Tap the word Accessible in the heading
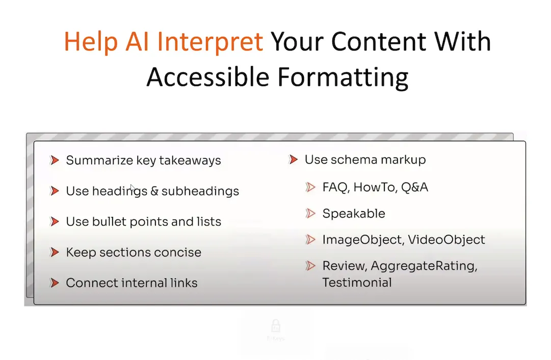[x=208, y=77]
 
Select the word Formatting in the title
[x=343, y=78]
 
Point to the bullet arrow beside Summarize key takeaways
[x=55, y=160]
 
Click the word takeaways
[x=190, y=161]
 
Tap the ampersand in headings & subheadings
[x=154, y=191]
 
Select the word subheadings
[x=200, y=191]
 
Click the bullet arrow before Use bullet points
[x=55, y=222]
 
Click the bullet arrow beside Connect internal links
[x=55, y=283]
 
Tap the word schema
[x=354, y=160]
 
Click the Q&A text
[x=415, y=187]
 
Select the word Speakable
[x=354, y=214]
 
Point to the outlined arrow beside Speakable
[x=310, y=213]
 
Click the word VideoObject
[x=447, y=240]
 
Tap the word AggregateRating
[x=424, y=266]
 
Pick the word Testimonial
[x=357, y=282]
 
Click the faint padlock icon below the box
[x=276, y=326]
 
